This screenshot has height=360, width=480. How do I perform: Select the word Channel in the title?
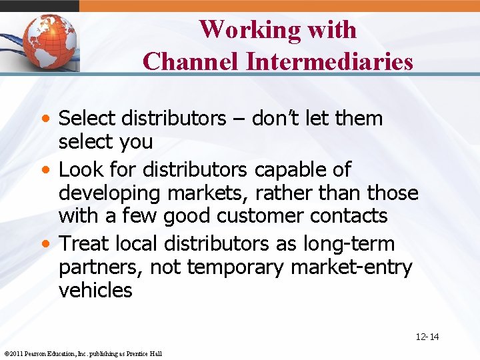point(191,61)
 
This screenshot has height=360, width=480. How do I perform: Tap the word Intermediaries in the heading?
point(329,61)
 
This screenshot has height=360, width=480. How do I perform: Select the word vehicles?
point(95,291)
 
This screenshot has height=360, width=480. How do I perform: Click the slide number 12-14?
point(427,337)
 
